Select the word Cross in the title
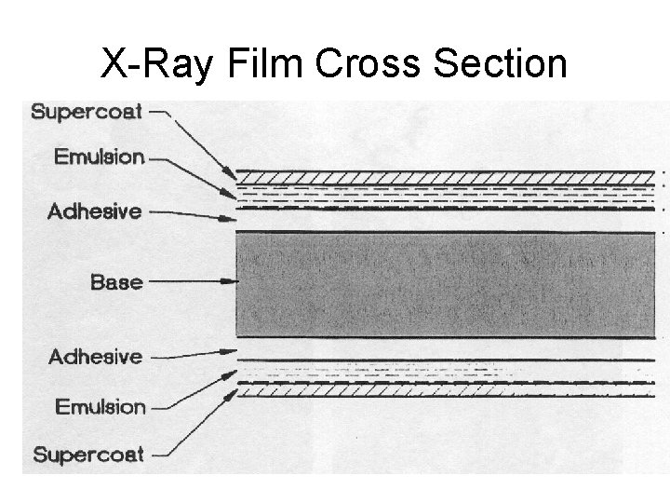coord(372,65)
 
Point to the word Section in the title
coord(502,65)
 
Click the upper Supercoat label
coord(87,113)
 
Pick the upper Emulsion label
coord(100,156)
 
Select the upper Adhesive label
coord(95,211)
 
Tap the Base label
coord(116,280)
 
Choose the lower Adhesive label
coord(95,356)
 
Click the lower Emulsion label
coord(100,406)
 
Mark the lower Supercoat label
coord(88,455)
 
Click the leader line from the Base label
coord(191,280)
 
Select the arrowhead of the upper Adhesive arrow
coord(233,219)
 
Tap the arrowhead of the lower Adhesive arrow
coord(233,351)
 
